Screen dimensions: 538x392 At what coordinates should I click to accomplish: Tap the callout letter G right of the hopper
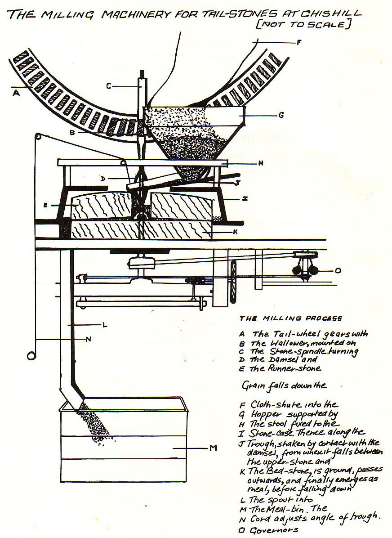(x=281, y=115)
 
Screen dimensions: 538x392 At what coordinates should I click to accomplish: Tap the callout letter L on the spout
(x=104, y=324)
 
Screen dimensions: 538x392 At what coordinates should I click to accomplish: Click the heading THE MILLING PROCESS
(x=291, y=318)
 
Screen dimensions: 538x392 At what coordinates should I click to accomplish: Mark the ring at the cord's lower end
(x=32, y=356)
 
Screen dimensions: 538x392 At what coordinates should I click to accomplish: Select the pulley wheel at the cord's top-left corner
(x=38, y=135)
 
